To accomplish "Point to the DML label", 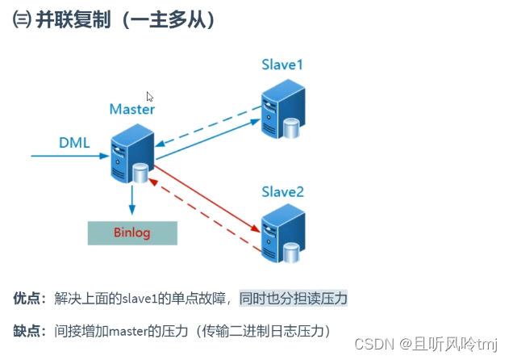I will coord(74,143).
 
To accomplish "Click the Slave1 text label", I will coord(282,64).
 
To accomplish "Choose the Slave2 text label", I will coord(282,191).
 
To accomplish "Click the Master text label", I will coord(132,107).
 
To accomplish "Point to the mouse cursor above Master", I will coord(150,97).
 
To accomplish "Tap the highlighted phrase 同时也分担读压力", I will coord(293,298).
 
